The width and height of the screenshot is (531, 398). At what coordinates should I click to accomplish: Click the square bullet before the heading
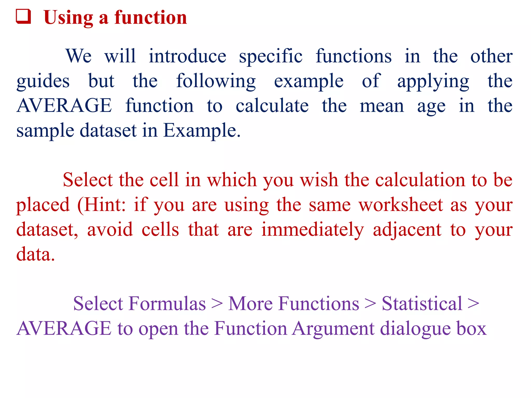24,17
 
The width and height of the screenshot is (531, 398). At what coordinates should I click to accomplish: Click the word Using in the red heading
68,18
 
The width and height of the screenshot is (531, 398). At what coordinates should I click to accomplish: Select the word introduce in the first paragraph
187,56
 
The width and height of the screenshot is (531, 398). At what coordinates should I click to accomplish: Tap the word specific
270,57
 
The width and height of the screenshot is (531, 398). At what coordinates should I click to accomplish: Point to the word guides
43,82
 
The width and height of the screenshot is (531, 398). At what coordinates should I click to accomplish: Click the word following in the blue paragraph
216,82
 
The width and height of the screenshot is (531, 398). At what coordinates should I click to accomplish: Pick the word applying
433,82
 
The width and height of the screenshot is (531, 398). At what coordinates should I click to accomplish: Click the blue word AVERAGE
64,106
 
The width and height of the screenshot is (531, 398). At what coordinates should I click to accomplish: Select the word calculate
272,106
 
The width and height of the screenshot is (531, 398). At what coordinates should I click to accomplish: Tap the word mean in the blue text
382,106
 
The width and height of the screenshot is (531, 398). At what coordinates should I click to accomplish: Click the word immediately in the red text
312,230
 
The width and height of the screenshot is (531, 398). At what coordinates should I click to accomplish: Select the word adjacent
407,230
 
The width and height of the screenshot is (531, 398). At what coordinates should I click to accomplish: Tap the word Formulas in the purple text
167,303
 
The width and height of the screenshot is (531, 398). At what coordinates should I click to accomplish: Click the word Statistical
422,303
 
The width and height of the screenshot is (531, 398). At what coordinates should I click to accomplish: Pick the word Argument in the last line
333,329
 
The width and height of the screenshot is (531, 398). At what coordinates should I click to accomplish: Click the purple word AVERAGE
64,329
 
